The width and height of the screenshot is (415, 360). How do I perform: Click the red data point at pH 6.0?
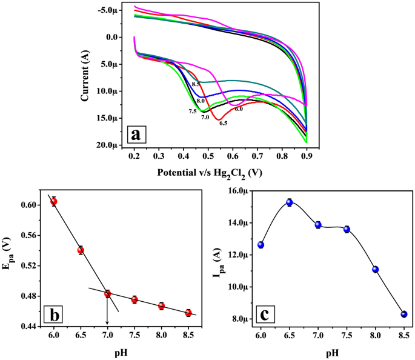point(54,201)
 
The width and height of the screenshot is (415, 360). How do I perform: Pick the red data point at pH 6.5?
point(81,250)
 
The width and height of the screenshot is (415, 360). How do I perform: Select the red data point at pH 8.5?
point(188,313)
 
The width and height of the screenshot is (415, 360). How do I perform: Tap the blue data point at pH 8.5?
point(404,314)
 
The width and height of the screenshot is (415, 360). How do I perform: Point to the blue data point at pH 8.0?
point(376,269)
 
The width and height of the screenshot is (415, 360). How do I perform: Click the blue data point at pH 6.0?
point(261,245)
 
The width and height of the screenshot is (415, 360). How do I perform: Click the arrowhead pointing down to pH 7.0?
point(107,323)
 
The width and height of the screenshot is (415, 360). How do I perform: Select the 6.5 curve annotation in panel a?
point(223,123)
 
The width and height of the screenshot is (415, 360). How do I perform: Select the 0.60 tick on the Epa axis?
point(28,205)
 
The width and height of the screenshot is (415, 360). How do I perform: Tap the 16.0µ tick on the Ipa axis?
point(237,191)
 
